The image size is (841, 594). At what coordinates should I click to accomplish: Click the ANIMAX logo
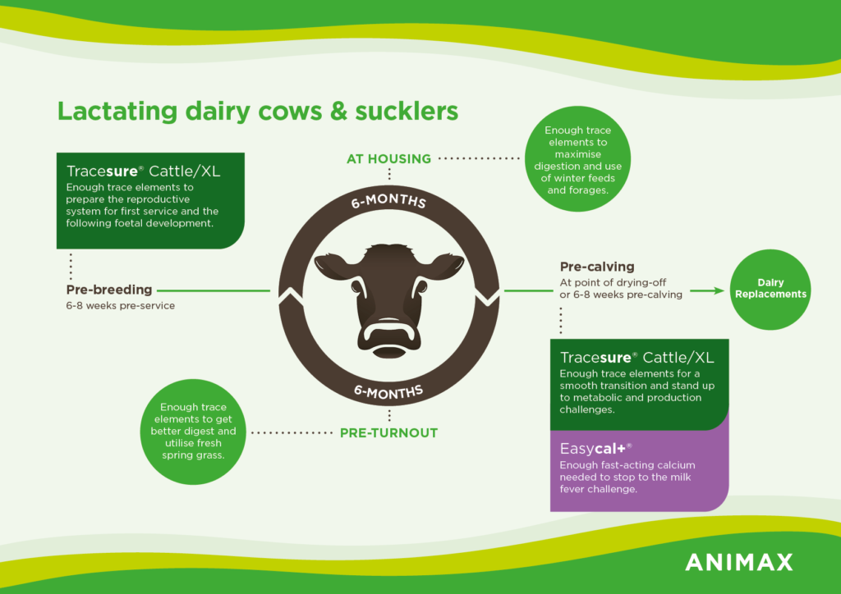click(739, 562)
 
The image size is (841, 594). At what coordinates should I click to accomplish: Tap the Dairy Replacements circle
click(770, 290)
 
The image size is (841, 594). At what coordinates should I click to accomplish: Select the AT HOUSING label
click(388, 159)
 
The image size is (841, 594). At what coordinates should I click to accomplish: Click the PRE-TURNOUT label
click(388, 432)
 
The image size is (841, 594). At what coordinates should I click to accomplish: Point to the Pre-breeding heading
click(109, 290)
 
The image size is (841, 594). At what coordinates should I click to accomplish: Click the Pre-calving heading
click(597, 267)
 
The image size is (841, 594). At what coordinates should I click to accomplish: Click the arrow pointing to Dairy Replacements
click(707, 290)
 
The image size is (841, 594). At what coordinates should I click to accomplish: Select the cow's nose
click(388, 336)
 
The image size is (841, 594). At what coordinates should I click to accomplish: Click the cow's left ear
click(333, 266)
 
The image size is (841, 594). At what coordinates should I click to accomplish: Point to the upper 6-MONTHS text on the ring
click(388, 201)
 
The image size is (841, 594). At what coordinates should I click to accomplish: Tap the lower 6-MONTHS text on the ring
click(388, 392)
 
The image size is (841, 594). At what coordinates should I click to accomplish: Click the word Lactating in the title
click(117, 112)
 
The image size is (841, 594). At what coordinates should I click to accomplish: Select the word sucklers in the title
click(407, 111)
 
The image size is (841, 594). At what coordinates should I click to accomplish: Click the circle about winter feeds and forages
click(577, 159)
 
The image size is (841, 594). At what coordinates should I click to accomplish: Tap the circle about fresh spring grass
click(193, 432)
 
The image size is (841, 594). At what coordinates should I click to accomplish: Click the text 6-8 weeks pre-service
click(120, 306)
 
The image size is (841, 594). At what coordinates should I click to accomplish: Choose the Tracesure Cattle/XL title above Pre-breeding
click(143, 171)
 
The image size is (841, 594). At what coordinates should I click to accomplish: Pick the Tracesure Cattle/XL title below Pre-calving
click(636, 358)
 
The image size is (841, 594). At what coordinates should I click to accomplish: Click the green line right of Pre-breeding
click(214, 290)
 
